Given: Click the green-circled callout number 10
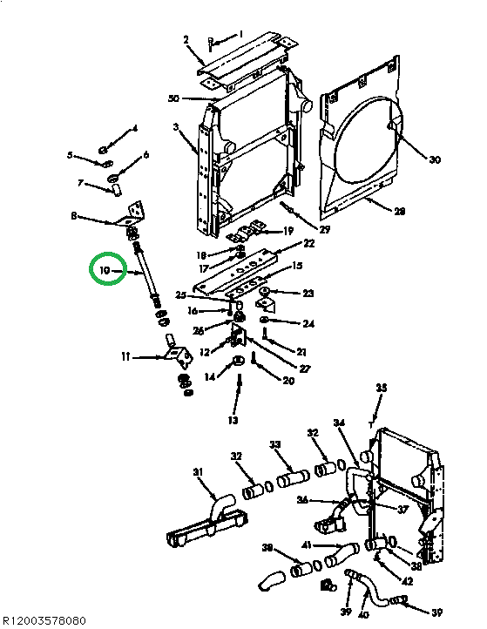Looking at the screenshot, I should (x=104, y=272).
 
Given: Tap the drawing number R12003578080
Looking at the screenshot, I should (x=44, y=620).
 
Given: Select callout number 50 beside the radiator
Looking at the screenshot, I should (x=173, y=98).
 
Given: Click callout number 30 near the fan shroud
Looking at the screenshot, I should (x=435, y=159).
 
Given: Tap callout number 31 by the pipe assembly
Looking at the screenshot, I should (x=198, y=472).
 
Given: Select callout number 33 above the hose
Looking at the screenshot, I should (x=275, y=444).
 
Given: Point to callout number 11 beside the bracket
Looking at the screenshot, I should (x=125, y=356).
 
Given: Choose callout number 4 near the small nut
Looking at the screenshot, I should (x=134, y=129).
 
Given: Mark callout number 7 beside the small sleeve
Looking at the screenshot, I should (x=80, y=183).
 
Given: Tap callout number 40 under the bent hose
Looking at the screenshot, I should (x=363, y=614).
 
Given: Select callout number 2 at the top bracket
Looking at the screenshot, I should (x=186, y=40).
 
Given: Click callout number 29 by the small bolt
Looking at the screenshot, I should (x=325, y=229).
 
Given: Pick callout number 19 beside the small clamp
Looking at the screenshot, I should (x=288, y=231).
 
